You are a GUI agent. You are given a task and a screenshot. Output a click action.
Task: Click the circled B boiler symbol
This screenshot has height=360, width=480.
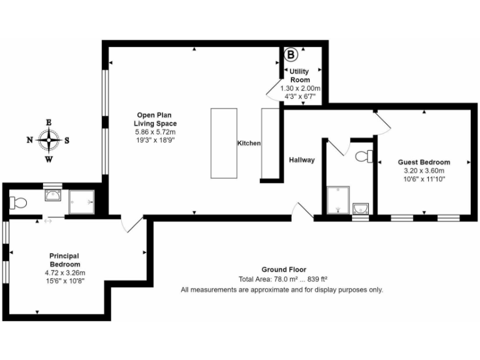[x=291, y=55]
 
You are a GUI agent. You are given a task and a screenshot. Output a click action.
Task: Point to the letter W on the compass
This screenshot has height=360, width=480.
[x=48, y=159]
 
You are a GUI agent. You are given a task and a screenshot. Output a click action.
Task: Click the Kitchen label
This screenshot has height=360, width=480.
[x=249, y=144]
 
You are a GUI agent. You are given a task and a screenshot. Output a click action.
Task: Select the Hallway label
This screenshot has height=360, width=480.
[x=302, y=160]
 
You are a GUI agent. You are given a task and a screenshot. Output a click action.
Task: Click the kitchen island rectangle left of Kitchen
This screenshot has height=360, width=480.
[x=224, y=143]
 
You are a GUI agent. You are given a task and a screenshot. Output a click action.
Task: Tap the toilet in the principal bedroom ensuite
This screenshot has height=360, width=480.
[x=17, y=202]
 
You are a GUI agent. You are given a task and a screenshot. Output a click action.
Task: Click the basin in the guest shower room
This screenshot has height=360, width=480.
[x=360, y=208]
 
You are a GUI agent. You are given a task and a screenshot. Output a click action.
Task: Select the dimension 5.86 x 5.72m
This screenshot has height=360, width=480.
[x=155, y=132]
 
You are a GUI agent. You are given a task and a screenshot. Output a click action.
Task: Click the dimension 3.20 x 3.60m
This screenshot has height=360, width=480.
[x=424, y=171]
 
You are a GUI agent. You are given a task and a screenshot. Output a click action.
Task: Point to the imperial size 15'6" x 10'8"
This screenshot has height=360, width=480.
[x=65, y=281]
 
